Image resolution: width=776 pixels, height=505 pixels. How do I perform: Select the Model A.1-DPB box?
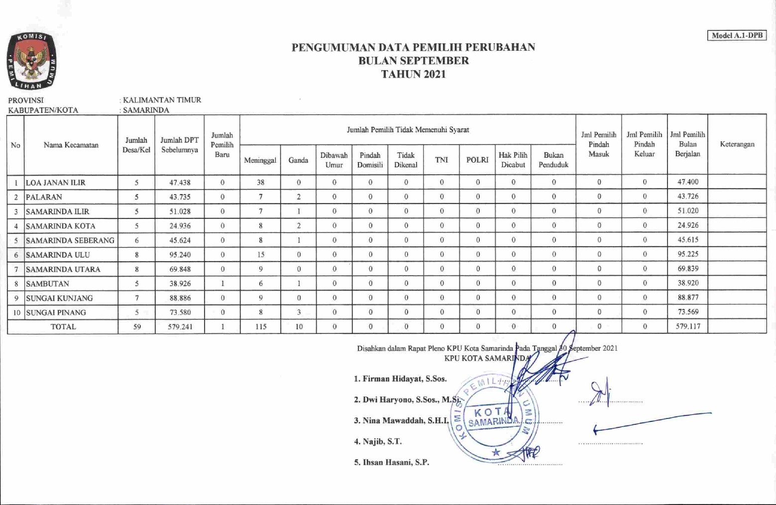737,35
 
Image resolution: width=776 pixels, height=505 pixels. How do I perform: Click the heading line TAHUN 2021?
413,74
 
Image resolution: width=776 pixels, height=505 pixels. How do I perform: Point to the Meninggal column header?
260,160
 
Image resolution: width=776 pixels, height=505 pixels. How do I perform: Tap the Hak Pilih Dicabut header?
513,160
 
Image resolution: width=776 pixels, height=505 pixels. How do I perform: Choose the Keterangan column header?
737,144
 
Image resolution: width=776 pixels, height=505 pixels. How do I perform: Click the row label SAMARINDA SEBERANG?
70,240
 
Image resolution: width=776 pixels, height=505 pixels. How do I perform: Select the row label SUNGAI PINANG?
56,312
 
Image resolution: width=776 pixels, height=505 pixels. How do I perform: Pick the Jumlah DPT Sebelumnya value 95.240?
180,255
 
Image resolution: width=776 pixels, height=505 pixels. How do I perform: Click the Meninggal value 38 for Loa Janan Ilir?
260,182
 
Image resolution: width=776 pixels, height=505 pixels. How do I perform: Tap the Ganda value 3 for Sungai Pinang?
299,312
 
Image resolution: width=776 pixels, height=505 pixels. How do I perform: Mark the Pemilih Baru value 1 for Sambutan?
222,284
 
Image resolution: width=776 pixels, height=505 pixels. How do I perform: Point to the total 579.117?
687,326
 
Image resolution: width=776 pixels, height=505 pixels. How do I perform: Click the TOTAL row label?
63,327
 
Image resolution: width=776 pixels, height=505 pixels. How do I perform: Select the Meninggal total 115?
260,327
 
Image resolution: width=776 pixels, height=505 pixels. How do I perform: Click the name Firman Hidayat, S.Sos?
400,379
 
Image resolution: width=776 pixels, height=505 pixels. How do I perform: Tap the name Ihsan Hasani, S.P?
391,462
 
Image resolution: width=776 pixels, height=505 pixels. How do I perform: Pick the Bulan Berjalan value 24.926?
687,225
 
